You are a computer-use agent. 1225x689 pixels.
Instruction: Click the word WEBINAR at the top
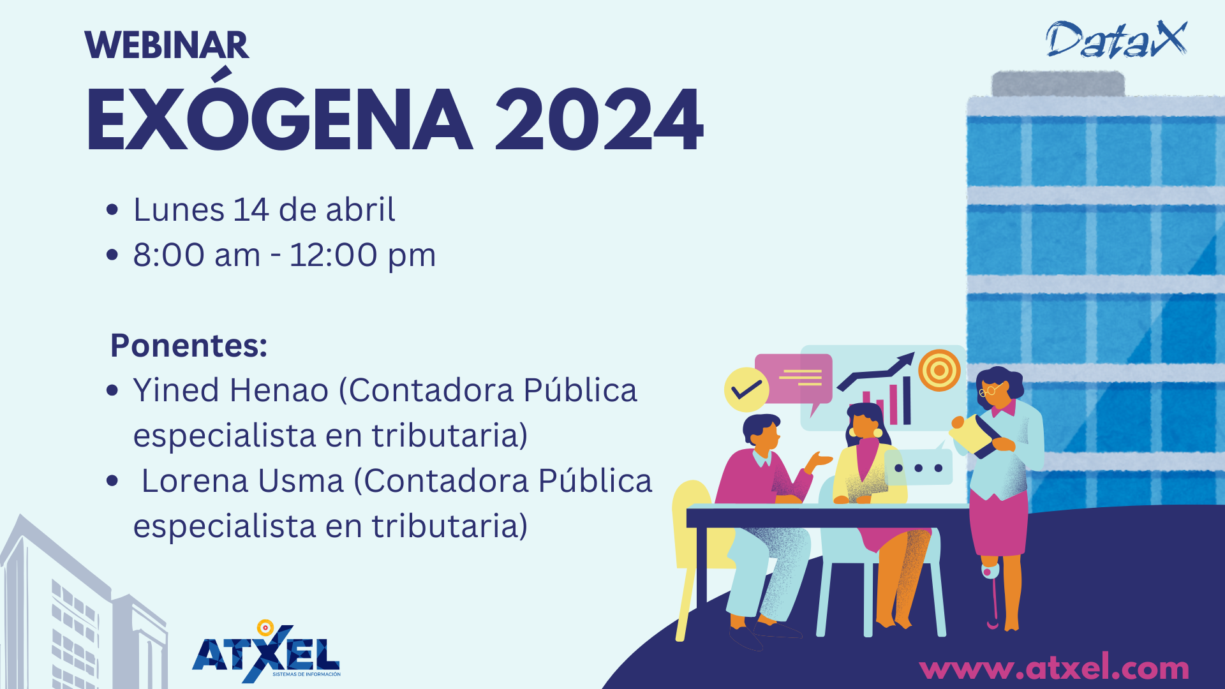coord(167,45)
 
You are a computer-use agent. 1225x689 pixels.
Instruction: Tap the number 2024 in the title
coord(598,120)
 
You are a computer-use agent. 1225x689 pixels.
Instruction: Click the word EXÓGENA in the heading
coord(279,110)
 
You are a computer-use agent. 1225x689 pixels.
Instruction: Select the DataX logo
coord(1117,39)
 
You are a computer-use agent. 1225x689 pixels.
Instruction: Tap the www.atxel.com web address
coord(1054,668)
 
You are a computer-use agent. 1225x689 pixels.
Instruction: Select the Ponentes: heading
coord(189,345)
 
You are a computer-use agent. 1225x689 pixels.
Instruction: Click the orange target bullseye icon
coord(939,370)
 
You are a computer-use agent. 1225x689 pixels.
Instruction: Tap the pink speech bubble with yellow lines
coord(794,381)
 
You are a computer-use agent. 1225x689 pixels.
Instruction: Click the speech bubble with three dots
coord(918,467)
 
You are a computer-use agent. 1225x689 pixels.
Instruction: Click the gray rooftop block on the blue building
coord(1058,84)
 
